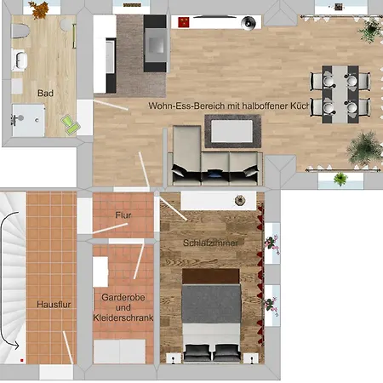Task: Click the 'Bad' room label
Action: tap(45, 93)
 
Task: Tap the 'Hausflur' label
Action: tap(54, 305)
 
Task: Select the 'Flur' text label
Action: tap(123, 215)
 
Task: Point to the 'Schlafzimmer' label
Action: tap(210, 243)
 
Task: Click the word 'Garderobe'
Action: tap(123, 297)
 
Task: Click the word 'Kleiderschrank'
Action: tap(123, 317)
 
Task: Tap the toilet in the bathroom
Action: tap(20, 31)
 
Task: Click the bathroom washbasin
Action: tap(20, 60)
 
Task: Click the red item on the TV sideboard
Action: tap(184, 22)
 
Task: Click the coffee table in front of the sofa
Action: tap(232, 131)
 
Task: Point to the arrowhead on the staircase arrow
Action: tap(15, 346)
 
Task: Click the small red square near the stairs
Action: tap(22, 360)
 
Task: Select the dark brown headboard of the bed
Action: tap(210, 276)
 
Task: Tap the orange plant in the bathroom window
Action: tap(39, 9)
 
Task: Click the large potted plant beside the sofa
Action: tap(364, 149)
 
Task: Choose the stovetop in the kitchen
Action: tap(156, 44)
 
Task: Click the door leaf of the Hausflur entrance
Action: tap(68, 347)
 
